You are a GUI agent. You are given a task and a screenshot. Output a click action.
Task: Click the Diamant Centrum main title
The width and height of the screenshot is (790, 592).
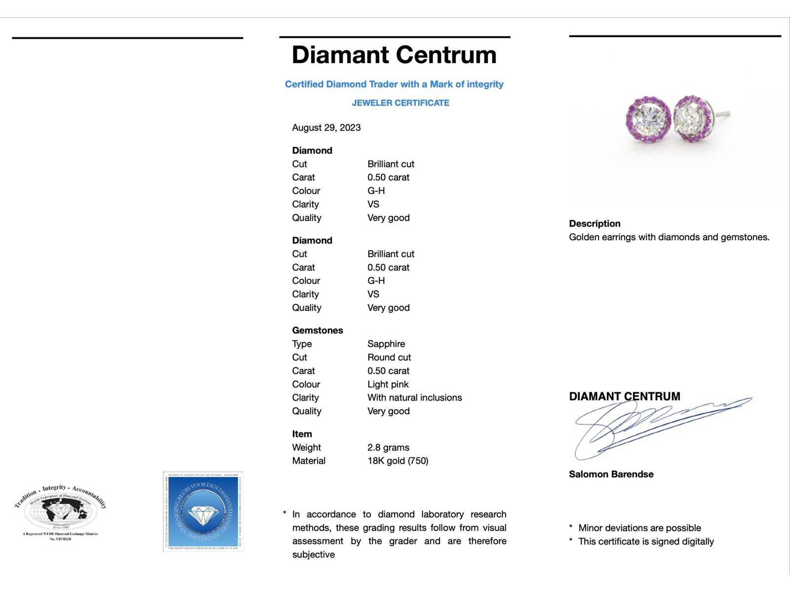394,55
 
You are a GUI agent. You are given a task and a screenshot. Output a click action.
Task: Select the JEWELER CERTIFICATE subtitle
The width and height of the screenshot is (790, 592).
400,103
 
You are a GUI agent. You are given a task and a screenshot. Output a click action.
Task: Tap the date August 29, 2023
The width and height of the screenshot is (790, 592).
326,128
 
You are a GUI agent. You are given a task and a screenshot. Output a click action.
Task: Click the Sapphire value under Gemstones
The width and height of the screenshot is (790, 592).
386,344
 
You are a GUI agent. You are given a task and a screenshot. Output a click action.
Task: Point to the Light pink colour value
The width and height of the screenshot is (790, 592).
388,384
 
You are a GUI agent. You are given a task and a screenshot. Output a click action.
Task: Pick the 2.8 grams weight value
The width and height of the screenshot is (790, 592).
388,447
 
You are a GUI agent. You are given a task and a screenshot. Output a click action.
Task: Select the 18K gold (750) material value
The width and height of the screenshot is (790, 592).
397,461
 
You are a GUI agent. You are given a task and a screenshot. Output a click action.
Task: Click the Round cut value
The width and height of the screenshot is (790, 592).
389,357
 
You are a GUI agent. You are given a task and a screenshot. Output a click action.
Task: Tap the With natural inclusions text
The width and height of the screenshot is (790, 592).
415,398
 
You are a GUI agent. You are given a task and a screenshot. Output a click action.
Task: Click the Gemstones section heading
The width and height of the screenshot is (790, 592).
317,331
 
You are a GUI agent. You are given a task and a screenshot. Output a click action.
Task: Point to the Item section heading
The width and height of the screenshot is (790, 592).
302,434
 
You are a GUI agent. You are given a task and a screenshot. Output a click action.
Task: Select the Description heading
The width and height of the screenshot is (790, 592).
594,223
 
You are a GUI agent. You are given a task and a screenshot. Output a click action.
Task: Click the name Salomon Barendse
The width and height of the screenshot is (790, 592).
611,474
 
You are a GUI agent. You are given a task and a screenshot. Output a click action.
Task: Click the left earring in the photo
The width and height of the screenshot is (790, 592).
648,119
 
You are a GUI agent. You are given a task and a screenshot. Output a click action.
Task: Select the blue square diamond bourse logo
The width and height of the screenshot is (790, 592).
203,512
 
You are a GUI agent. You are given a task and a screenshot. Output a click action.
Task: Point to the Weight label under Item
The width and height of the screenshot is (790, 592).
306,447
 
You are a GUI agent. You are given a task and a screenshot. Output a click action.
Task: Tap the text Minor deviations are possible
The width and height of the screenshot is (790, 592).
639,528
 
